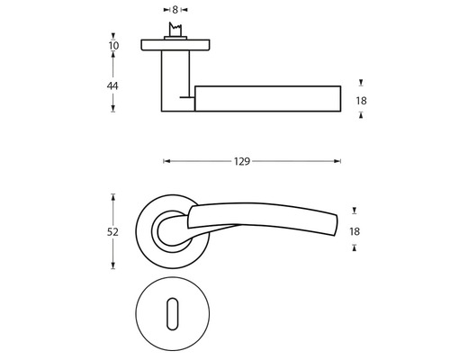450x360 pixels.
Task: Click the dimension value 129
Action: pos(240,162)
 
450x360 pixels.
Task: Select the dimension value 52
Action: pos(112,230)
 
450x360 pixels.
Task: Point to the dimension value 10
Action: pos(112,44)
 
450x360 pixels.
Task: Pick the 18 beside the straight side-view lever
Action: pos(362,100)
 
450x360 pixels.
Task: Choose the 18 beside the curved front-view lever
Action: pos(355,231)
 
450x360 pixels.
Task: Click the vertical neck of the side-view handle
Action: pos(177,81)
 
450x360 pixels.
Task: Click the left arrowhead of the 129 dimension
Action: pos(166,162)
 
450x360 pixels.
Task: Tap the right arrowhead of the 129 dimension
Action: pos(338,162)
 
